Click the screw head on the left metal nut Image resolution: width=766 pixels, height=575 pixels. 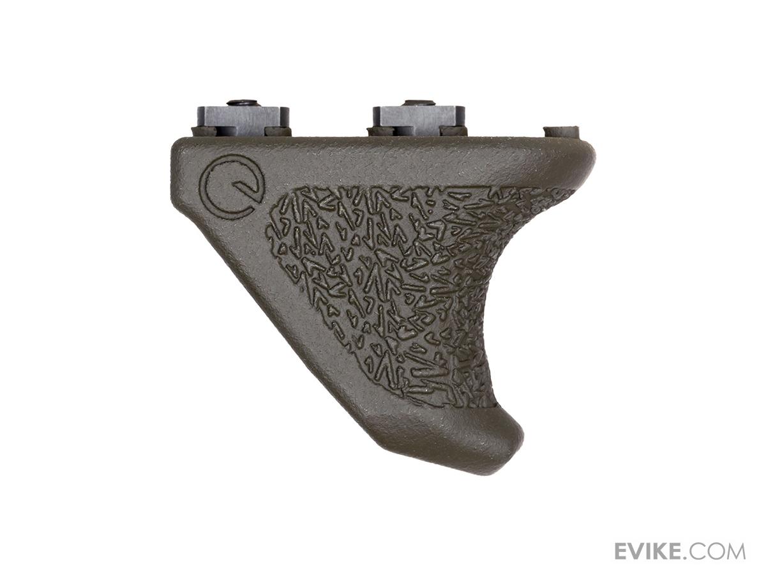243,103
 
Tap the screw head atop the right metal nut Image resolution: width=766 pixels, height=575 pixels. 419,103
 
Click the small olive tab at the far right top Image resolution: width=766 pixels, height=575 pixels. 562,132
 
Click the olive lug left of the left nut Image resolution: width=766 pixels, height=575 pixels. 204,132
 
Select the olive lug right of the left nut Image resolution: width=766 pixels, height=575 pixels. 278,132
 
